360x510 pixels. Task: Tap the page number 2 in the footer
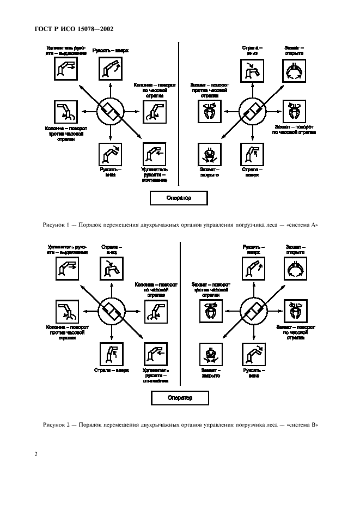click(x=36, y=453)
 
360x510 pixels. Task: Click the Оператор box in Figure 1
click(x=179, y=198)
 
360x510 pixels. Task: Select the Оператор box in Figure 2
click(x=179, y=398)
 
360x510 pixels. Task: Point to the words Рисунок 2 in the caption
click(x=55, y=425)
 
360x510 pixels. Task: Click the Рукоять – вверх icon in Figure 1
click(x=111, y=70)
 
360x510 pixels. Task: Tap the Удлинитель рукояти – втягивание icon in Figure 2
click(x=155, y=354)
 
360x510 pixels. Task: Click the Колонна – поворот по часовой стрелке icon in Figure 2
click(x=155, y=312)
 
